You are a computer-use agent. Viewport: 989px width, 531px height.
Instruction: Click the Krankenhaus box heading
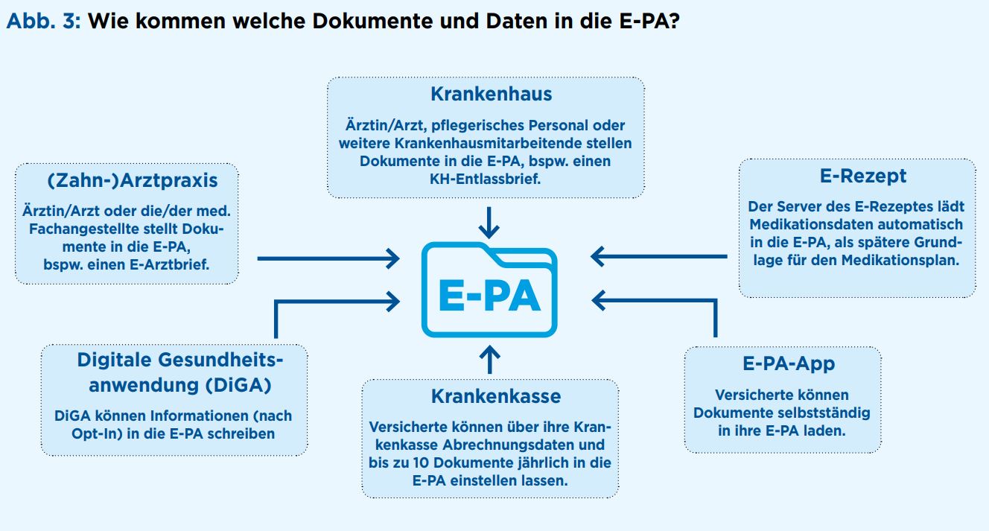(491, 94)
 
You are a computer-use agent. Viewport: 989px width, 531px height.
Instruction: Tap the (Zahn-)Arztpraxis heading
(133, 180)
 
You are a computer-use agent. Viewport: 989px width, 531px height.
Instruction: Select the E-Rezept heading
(862, 176)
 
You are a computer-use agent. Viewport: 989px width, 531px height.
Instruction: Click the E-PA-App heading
(789, 363)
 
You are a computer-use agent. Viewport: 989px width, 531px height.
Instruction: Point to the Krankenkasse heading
(496, 396)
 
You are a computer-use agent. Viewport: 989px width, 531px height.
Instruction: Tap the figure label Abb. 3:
(43, 21)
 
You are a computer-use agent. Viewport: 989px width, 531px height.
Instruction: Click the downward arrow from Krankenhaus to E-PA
(489, 223)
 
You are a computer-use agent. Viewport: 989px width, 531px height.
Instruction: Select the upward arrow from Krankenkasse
(489, 359)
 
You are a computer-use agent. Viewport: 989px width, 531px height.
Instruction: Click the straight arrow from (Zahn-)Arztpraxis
(328, 258)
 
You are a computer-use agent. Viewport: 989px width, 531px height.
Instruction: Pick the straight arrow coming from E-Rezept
(659, 256)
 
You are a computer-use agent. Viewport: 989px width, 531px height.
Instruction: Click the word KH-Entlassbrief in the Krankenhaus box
(485, 179)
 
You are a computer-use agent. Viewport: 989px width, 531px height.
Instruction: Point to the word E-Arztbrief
(169, 265)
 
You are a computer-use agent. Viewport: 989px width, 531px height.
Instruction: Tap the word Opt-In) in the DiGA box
(97, 434)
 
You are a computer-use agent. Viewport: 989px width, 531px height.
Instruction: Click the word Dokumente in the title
(372, 21)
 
